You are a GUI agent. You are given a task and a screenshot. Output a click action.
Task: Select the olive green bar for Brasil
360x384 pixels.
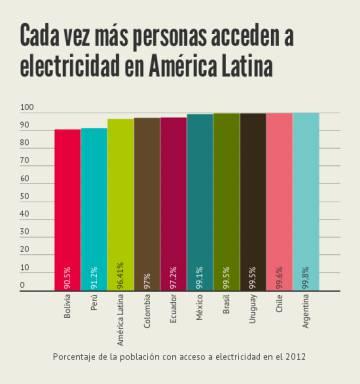(x=226, y=201)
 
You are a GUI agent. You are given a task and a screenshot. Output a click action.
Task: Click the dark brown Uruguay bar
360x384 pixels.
(x=253, y=201)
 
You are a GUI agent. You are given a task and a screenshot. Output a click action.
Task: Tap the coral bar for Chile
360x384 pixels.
(x=279, y=201)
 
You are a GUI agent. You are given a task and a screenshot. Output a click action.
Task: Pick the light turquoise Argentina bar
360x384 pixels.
(x=306, y=201)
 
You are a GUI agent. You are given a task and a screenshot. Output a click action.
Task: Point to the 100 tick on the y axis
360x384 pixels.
(x=27, y=107)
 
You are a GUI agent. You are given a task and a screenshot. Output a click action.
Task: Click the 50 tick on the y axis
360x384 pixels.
(x=25, y=196)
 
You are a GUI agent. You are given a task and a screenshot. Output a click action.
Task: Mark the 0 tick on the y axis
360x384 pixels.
(x=22, y=286)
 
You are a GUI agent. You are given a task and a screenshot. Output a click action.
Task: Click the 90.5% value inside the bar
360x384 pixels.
(x=68, y=275)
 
